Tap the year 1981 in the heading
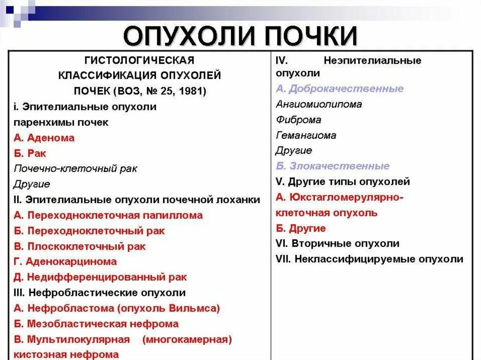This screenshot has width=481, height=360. coord(193,91)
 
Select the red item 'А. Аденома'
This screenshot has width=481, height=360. coord(44,138)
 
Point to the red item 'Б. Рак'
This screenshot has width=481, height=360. coord(30,153)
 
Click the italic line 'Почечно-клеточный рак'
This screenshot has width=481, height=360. coord(76,169)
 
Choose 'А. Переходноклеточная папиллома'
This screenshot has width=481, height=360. coord(109,215)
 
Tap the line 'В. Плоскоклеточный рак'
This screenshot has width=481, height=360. coord(80,246)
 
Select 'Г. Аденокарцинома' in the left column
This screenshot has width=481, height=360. coord(65,261)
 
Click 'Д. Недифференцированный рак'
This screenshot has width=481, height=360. coord(100,277)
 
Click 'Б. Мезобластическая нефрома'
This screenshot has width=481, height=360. coord(96,324)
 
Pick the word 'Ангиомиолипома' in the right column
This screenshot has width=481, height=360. coord(319,104)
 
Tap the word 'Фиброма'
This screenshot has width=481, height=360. coord(299,120)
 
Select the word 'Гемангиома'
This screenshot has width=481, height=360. coord(306,135)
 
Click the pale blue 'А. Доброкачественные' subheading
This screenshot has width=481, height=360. coord(340,89)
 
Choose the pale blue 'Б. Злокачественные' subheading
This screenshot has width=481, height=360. coord(333,166)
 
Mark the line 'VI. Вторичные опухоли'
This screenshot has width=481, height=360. coord(338,244)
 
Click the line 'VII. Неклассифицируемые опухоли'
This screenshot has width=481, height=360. coord(370,259)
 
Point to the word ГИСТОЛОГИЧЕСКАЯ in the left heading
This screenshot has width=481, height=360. coord(139,61)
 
